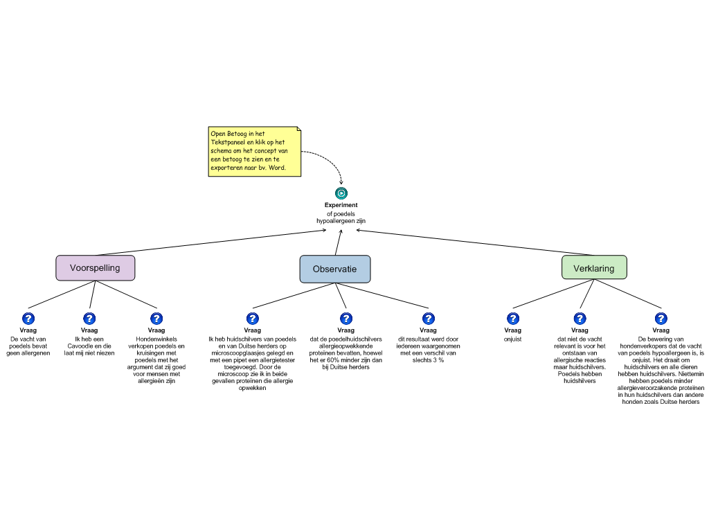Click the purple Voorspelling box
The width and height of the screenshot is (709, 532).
click(95, 268)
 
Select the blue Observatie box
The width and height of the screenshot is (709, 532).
click(334, 269)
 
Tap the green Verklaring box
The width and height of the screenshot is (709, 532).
click(593, 268)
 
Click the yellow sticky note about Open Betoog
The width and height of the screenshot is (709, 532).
click(254, 151)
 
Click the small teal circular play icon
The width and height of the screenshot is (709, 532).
click(341, 193)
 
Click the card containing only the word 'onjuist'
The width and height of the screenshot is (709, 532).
click(513, 339)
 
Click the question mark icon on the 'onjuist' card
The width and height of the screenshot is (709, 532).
click(513, 319)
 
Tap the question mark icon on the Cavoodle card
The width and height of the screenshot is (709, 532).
click(89, 319)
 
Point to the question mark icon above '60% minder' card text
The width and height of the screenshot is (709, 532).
click(345, 319)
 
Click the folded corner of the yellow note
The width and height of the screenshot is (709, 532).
click(298, 129)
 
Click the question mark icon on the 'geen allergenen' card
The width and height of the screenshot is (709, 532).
click(28, 319)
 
